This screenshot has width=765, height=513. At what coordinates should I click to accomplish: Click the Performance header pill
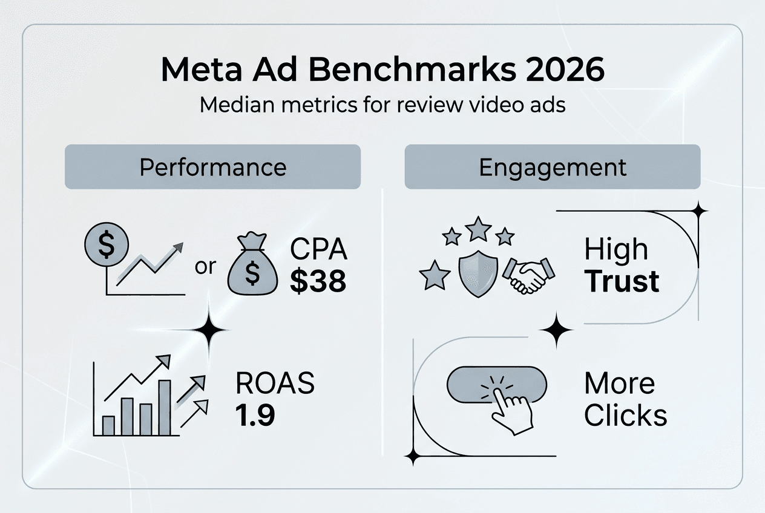pos(212,167)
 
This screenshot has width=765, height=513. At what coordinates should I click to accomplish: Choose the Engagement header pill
pos(552,167)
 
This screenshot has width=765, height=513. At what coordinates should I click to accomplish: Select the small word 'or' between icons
pos(205,267)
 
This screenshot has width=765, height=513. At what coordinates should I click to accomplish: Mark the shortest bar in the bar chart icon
pos(108,425)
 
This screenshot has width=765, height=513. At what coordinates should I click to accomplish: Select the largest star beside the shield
pos(435,276)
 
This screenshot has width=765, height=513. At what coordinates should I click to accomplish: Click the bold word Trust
pos(622,282)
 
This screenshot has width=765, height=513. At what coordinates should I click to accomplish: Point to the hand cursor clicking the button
pos(511,408)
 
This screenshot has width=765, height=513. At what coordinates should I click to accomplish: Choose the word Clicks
pos(625,416)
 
